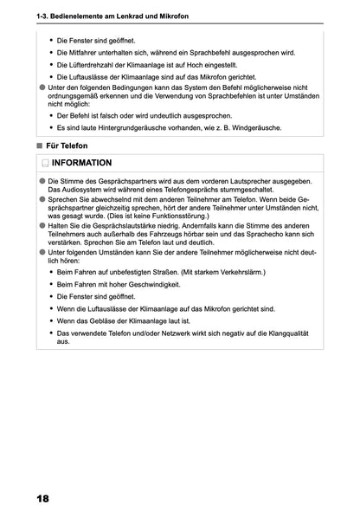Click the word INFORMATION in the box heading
pyautogui.click(x=81, y=163)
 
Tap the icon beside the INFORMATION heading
pyautogui.click(x=44, y=163)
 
